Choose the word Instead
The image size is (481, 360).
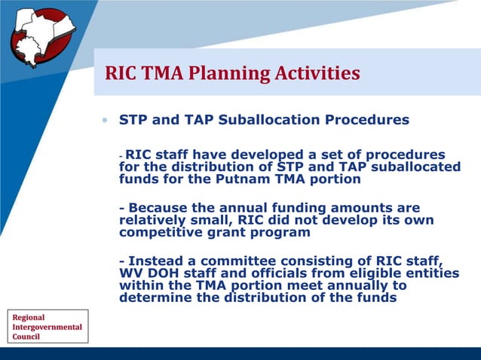(158, 261)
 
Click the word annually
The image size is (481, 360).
(369, 286)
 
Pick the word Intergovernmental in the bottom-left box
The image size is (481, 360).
(47, 327)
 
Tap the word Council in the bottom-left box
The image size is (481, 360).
(26, 337)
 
